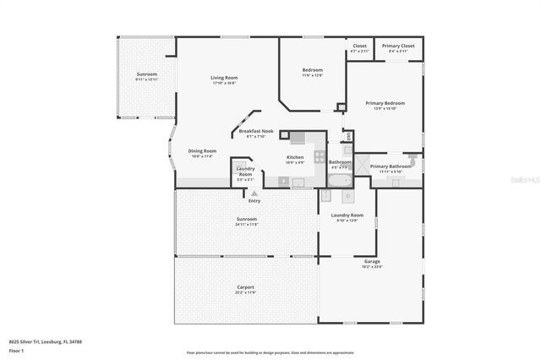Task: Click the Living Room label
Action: click(224, 78)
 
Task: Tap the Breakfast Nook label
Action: click(255, 131)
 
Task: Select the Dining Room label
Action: click(202, 151)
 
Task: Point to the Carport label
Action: click(245, 287)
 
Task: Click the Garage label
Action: click(372, 262)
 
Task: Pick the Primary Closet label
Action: click(397, 46)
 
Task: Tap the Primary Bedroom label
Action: click(385, 103)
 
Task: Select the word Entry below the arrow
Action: click(254, 201)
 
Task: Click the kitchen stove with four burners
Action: click(319, 155)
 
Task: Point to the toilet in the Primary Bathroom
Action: click(412, 157)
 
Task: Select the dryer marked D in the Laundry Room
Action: click(347, 196)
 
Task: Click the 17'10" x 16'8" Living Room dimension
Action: click(224, 83)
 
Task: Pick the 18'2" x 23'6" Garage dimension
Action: click(372, 267)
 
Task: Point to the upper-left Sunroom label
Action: click(147, 74)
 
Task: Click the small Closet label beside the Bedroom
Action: click(359, 46)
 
